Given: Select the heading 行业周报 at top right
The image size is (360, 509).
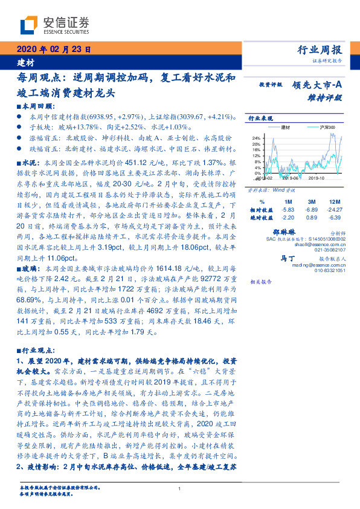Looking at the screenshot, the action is tap(321, 50).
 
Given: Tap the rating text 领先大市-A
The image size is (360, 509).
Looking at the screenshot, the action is tap(318, 85).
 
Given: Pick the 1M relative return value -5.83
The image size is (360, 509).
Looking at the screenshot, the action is tap(288, 209).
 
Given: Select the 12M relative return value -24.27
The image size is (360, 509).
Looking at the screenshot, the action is tap(333, 209).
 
